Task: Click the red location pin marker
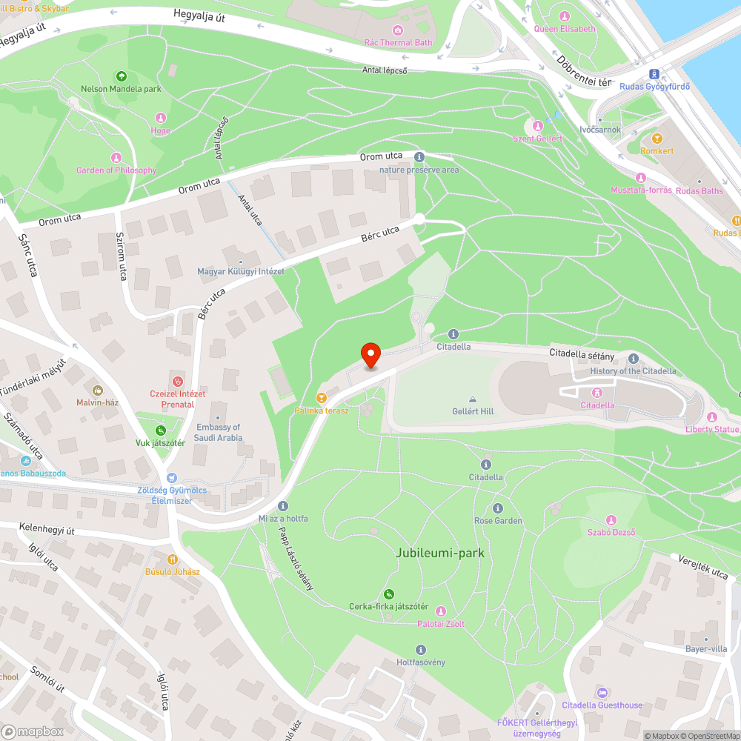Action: pos(370,355)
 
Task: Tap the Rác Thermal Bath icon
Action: pos(398,30)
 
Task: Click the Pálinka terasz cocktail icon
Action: pos(322,397)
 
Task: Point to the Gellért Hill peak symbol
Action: pos(473,399)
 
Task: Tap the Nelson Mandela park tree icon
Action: pos(122,76)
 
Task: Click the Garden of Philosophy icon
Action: pos(116,158)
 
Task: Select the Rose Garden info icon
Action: pos(498,508)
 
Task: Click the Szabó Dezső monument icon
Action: pos(611,520)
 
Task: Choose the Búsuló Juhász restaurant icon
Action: pos(173,559)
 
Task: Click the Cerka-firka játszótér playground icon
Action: pos(389,594)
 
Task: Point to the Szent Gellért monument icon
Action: pos(538,126)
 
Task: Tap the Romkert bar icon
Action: pos(657,139)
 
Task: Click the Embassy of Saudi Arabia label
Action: pos(219,432)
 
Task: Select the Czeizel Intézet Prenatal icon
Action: pos(177,381)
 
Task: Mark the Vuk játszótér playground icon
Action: pos(160,431)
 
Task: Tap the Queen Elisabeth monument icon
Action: pos(565,16)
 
